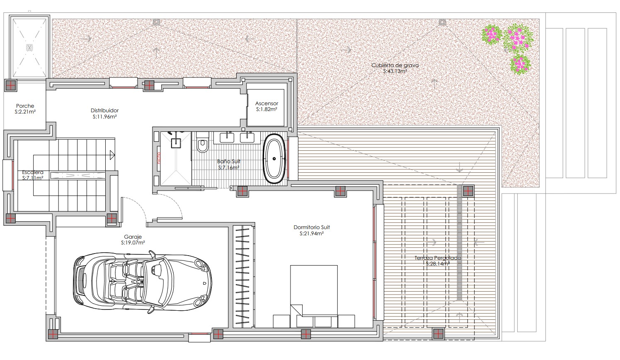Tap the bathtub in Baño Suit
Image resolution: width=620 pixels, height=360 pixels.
click(x=274, y=158)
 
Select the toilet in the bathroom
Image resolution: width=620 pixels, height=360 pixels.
click(x=203, y=144)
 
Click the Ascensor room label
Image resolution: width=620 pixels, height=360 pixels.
click(x=266, y=104)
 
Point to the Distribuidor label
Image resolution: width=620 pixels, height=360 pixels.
click(x=105, y=111)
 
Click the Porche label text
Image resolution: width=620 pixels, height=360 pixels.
click(x=25, y=106)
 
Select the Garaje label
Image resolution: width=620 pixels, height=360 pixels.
click(x=133, y=237)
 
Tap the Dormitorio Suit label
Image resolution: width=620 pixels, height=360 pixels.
click(x=311, y=227)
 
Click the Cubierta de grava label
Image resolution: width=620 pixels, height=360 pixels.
click(x=395, y=65)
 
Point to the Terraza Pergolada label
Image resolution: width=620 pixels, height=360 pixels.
click(x=437, y=258)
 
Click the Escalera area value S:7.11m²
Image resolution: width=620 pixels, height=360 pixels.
click(x=33, y=178)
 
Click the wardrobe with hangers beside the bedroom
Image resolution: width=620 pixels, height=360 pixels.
click(x=242, y=275)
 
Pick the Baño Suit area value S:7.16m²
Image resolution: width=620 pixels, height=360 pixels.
click(x=229, y=168)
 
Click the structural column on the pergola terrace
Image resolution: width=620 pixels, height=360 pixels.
click(x=468, y=191)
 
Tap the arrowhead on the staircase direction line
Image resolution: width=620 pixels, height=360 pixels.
click(x=112, y=155)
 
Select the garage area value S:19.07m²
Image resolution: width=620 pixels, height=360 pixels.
click(x=133, y=242)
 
